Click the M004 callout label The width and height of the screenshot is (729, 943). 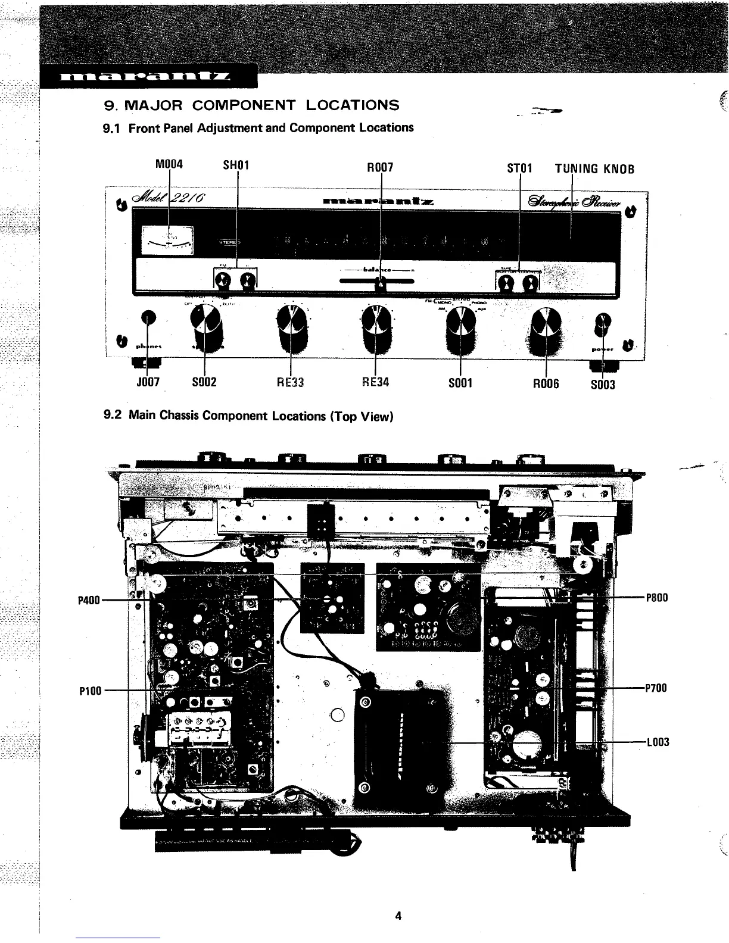pos(169,164)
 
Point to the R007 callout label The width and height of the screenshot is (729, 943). pos(380,167)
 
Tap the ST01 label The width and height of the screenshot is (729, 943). pos(519,168)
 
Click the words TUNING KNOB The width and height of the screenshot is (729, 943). pos(594,168)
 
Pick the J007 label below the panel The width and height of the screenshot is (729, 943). pos(147,382)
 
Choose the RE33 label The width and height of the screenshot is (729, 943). pos(291,382)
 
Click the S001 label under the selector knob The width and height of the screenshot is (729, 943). pos(460,383)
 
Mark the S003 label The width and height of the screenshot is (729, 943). pos(603,384)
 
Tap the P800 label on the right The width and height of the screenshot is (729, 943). pos(657,598)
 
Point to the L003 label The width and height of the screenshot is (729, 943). pos(658,742)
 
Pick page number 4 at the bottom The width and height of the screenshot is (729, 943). pos(398,916)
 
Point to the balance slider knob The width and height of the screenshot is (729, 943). pos(381,285)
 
